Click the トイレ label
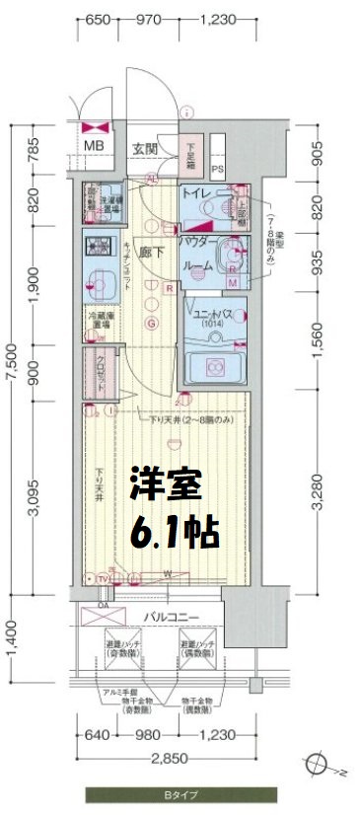pos(194,194)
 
